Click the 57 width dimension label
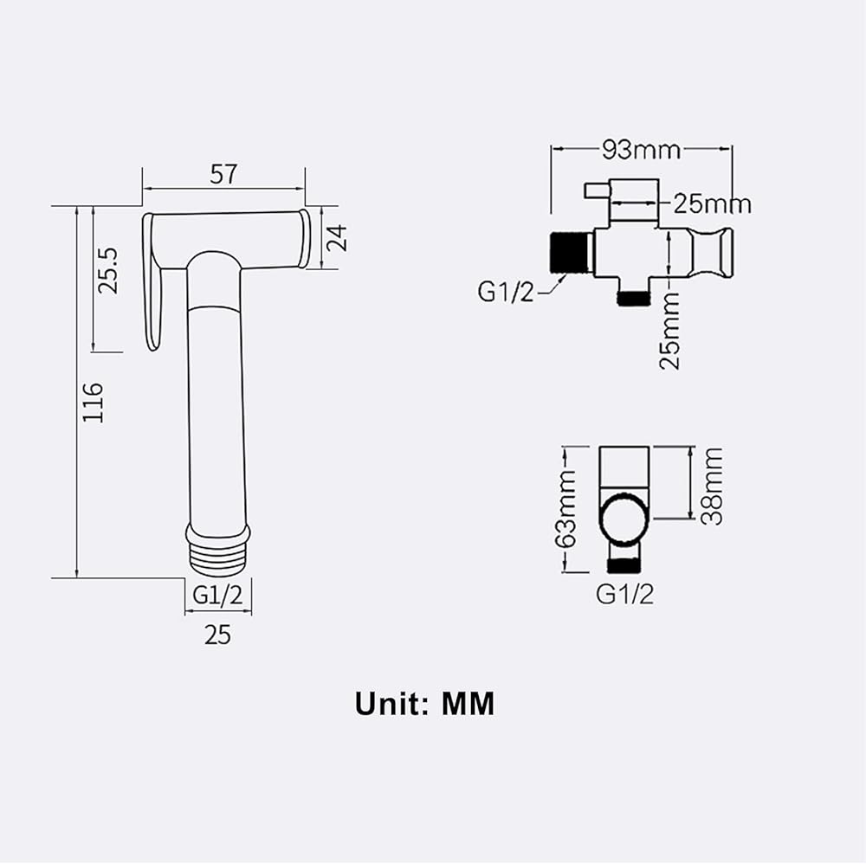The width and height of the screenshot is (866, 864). click(223, 175)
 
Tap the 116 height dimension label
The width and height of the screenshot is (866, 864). click(93, 402)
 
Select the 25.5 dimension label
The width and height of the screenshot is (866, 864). click(107, 270)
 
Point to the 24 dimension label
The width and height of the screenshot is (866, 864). click(336, 238)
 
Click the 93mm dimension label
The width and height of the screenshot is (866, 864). click(641, 150)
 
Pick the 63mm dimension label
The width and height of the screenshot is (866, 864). click(565, 508)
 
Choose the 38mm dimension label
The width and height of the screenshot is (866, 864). click(712, 487)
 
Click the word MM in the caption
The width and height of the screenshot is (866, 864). click(469, 704)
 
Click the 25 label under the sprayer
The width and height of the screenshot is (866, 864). click(217, 635)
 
